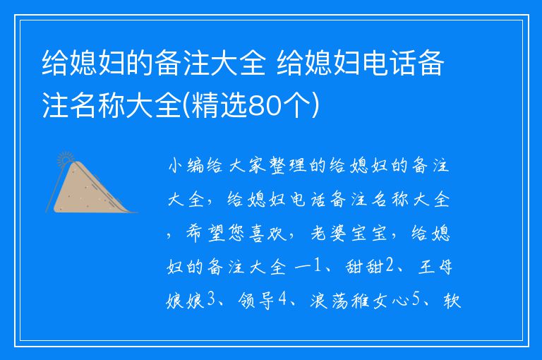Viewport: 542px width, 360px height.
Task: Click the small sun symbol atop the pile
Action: click(x=66, y=157)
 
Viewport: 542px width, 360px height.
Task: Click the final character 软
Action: click(x=451, y=301)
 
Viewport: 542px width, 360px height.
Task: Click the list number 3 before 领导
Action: click(x=210, y=301)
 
